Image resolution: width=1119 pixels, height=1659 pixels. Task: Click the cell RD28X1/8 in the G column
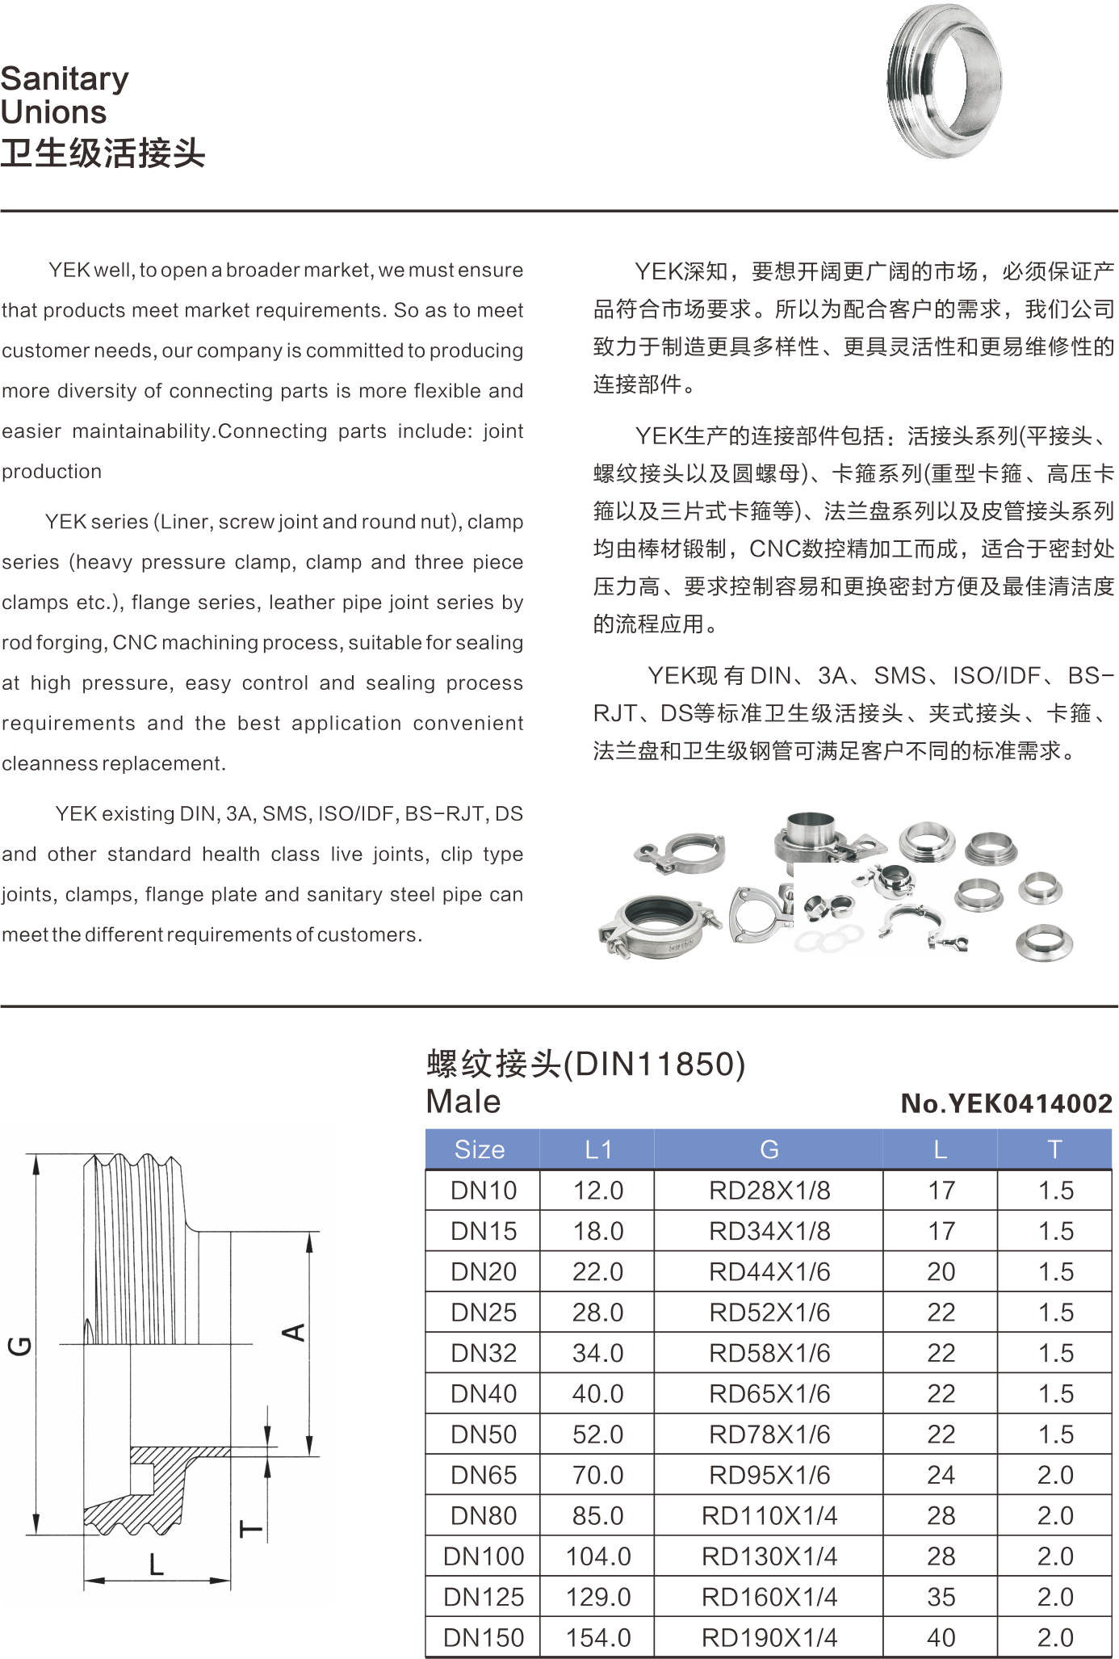[769, 1191]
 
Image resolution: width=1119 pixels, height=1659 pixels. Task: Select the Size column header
[480, 1149]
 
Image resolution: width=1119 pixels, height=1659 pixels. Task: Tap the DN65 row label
[484, 1475]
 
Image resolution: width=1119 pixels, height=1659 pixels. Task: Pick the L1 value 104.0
[598, 1556]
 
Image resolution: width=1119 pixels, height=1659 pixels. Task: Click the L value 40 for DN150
[941, 1637]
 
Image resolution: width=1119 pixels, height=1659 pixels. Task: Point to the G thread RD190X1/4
[769, 1637]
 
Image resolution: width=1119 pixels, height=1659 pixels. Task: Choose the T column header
[1054, 1149]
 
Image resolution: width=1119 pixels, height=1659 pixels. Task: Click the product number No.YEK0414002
[1007, 1103]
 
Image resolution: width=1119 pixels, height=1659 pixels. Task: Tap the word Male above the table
[463, 1102]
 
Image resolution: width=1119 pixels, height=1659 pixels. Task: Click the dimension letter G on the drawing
[20, 1346]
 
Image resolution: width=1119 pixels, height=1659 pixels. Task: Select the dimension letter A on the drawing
[294, 1332]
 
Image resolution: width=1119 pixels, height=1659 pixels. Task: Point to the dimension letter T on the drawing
[251, 1529]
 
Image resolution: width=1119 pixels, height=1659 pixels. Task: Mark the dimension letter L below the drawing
[157, 1564]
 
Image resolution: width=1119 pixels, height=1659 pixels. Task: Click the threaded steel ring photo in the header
[944, 80]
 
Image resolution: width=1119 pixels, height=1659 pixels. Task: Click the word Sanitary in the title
[65, 78]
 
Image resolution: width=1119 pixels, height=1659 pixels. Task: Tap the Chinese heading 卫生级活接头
[103, 153]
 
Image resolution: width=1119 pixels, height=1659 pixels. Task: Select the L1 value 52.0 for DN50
[598, 1434]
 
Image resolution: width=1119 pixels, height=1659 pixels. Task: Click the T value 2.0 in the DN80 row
[1055, 1515]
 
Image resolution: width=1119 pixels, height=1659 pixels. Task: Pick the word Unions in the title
[53, 111]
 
